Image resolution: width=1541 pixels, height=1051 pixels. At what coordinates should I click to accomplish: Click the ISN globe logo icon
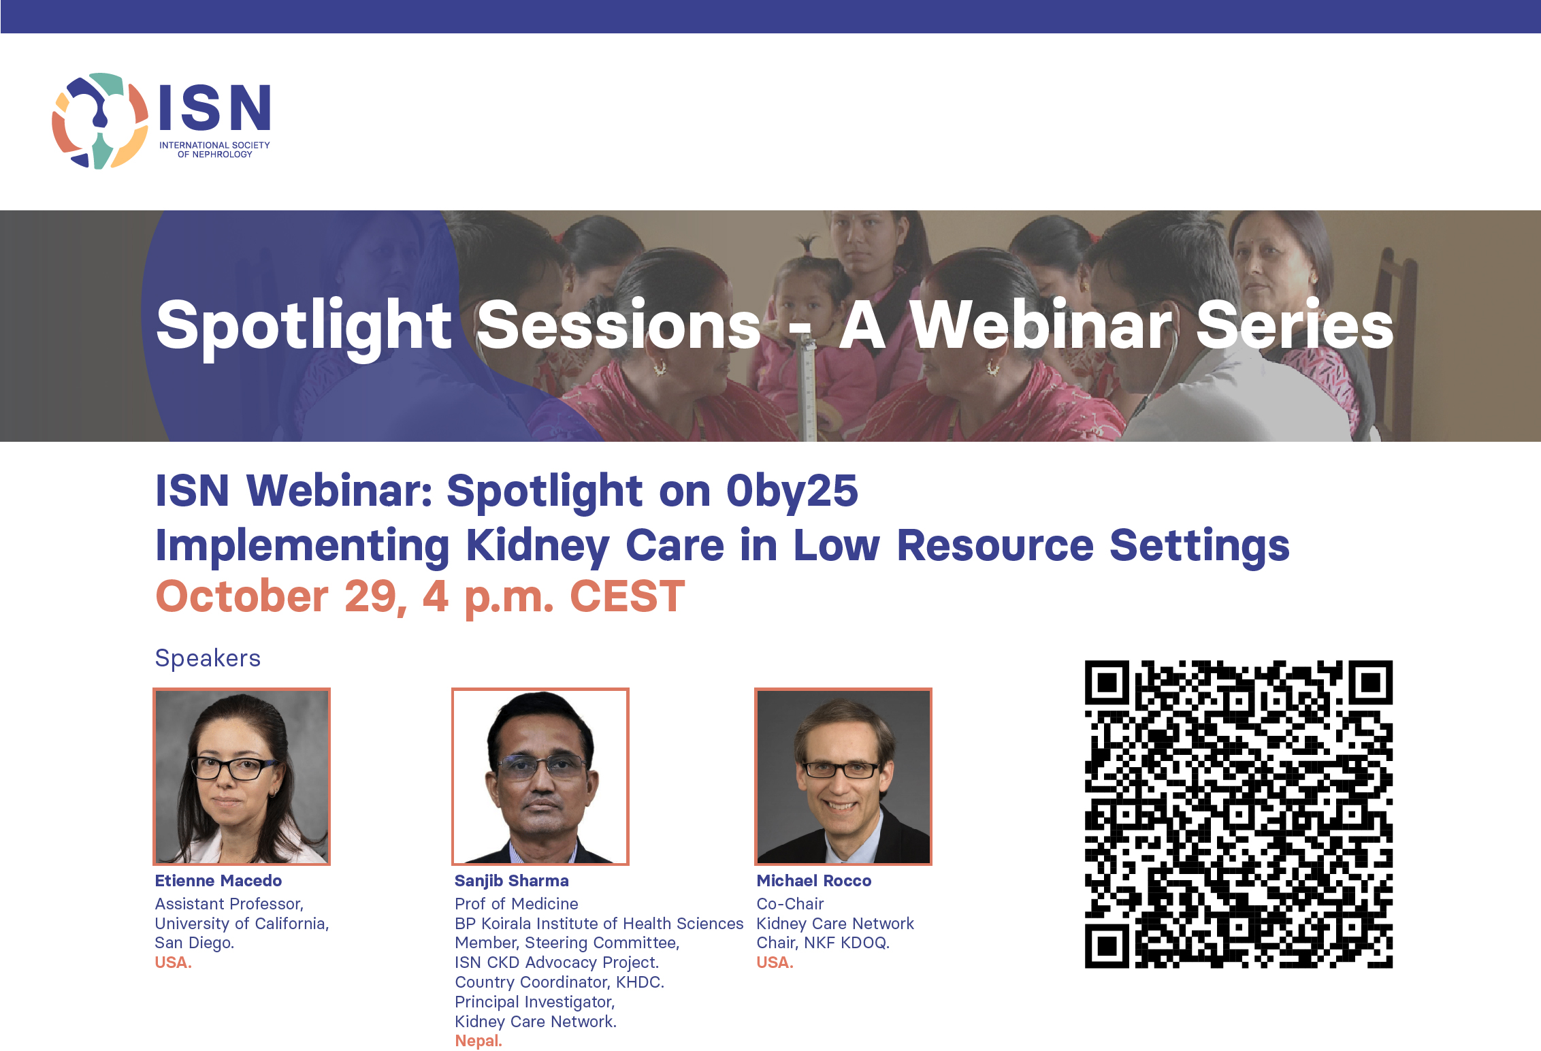(100, 121)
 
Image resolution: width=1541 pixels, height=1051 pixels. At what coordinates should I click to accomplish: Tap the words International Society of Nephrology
(214, 150)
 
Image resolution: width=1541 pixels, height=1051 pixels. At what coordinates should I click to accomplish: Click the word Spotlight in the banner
(304, 326)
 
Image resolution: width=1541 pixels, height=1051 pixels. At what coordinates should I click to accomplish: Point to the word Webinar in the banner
(1041, 325)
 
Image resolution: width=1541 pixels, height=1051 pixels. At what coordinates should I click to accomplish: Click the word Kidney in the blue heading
(538, 546)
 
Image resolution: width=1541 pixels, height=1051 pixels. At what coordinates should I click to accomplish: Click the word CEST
(627, 596)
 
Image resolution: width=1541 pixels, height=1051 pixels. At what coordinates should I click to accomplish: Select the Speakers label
(208, 658)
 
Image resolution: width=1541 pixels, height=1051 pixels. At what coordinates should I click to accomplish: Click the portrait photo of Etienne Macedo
(242, 777)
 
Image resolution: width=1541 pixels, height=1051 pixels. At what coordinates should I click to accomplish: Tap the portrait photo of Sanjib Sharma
(540, 777)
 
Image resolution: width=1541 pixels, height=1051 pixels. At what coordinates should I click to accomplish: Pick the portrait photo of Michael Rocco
(843, 777)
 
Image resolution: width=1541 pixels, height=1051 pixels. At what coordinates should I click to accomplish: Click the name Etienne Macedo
(218, 881)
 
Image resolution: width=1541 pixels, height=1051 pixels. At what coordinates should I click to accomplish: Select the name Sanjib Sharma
(512, 881)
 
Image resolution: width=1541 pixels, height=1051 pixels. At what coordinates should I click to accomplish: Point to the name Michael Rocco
(814, 881)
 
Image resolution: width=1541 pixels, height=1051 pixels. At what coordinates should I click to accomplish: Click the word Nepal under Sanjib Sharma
(478, 1041)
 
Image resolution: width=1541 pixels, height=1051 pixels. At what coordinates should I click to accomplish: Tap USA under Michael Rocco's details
(775, 963)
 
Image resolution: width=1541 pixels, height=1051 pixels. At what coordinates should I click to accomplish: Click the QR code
(1239, 814)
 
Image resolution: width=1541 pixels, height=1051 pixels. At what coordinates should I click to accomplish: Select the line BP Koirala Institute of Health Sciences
(599, 924)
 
